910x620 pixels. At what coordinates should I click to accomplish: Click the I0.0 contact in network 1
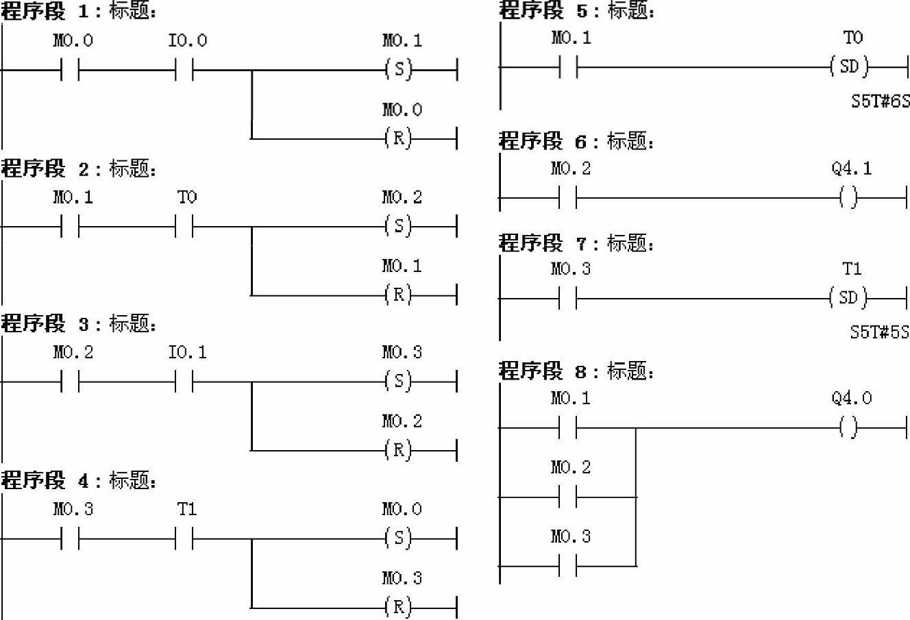(184, 69)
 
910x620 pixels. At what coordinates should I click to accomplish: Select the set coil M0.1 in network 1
(399, 69)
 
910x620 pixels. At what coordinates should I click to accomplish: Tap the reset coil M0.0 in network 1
(399, 138)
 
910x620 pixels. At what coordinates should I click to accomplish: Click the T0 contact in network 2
(184, 226)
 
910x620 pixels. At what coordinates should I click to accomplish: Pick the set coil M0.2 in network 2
(399, 226)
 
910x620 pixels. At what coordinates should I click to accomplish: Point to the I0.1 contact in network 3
(184, 382)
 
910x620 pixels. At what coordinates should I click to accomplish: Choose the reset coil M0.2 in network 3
(399, 450)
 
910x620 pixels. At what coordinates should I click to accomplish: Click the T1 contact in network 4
(184, 538)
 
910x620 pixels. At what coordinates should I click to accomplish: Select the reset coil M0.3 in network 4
(399, 607)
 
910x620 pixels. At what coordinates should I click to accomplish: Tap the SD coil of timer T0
(849, 67)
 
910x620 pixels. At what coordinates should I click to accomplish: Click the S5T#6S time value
(880, 101)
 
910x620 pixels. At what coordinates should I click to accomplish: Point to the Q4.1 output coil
(849, 199)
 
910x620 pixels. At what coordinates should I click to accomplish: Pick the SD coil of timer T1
(848, 298)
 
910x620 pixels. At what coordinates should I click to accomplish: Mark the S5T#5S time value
(879, 332)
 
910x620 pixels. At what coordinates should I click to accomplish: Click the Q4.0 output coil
(849, 428)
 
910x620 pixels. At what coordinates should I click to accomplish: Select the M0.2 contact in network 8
(568, 497)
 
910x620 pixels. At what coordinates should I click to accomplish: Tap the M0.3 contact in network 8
(568, 566)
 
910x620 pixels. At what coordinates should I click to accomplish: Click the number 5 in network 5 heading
(582, 11)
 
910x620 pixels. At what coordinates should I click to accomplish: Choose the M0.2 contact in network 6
(568, 199)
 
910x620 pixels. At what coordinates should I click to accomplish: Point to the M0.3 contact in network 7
(568, 299)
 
